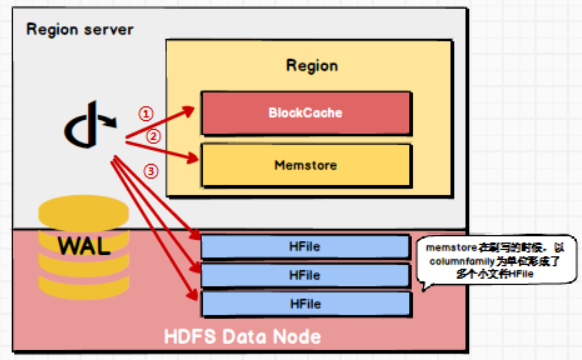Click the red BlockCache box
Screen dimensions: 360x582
coord(305,113)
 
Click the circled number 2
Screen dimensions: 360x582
coord(153,135)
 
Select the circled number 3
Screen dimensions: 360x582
coord(151,171)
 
